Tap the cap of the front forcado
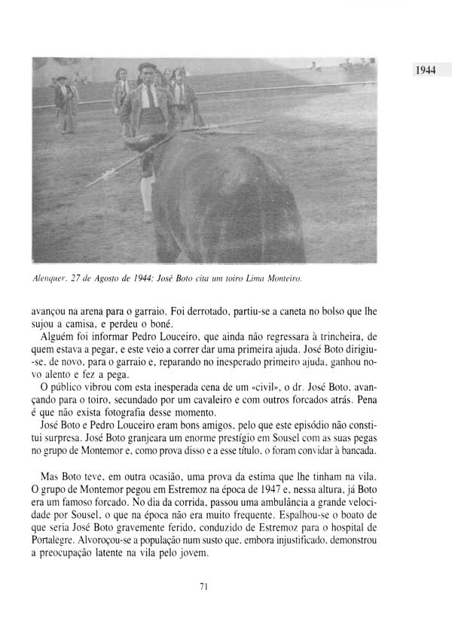[148, 66]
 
